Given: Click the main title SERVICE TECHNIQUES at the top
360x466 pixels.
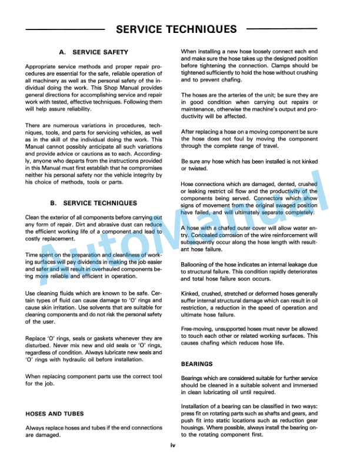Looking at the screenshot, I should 176,29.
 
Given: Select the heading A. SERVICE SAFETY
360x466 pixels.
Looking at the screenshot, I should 94,52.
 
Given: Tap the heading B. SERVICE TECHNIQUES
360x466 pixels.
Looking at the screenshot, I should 94,203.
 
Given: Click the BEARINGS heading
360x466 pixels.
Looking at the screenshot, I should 197,364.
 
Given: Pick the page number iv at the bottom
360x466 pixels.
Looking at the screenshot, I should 173,445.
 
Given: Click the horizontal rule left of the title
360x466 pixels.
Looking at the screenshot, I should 65,29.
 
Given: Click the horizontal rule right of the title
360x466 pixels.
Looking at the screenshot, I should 282,29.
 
